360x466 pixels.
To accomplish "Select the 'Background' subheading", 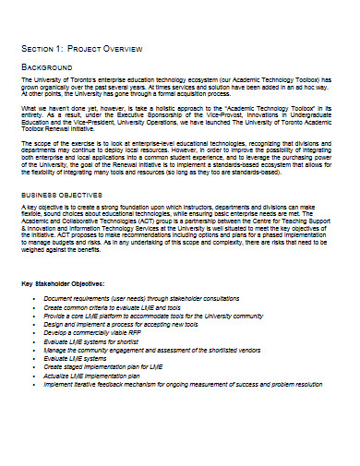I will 47,68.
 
